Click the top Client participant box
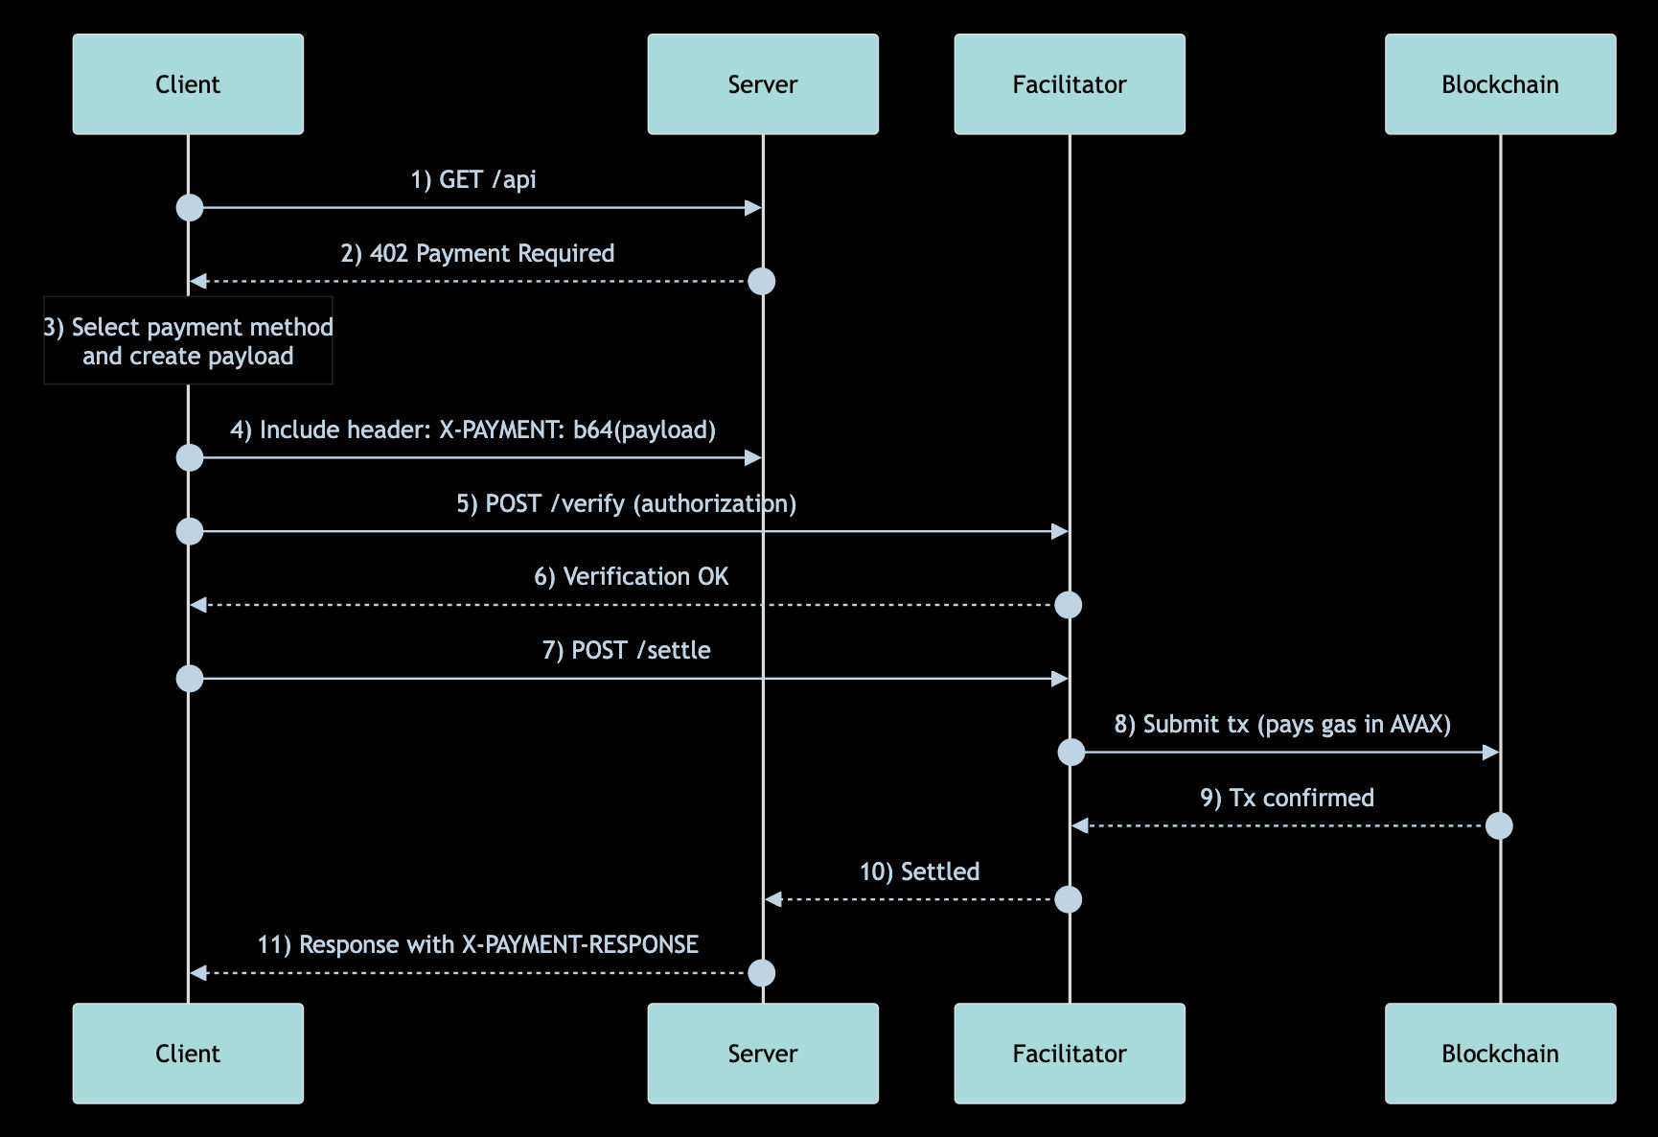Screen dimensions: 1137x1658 click(188, 84)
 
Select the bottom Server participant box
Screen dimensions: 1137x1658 click(763, 1054)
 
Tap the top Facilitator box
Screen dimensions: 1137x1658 click(1070, 84)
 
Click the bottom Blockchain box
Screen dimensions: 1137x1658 click(1500, 1054)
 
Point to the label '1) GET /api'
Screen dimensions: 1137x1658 click(473, 179)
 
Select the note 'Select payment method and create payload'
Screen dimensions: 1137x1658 click(188, 341)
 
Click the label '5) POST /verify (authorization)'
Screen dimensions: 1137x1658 click(626, 503)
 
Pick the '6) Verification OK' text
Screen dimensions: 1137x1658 click(631, 576)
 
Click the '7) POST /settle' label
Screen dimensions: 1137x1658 click(626, 650)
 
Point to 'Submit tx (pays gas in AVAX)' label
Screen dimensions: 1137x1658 click(1282, 724)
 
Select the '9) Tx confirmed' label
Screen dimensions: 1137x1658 click(1286, 798)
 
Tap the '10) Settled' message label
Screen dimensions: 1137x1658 click(919, 871)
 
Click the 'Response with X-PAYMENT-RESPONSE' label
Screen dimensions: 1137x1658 click(477, 944)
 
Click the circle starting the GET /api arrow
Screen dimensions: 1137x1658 click(190, 207)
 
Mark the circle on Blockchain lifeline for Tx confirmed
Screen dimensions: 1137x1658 click(1499, 825)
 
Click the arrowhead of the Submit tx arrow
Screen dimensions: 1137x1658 click(1490, 753)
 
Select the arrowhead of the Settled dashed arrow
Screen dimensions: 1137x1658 click(773, 899)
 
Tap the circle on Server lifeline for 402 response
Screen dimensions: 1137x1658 click(761, 281)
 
